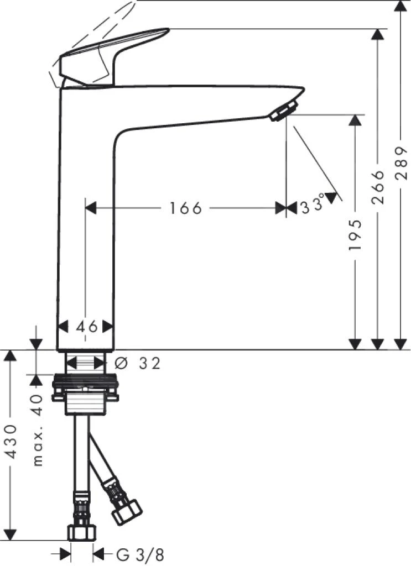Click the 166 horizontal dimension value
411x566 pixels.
[x=186, y=208]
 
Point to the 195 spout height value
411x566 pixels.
[x=355, y=235]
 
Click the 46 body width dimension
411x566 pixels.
[x=87, y=327]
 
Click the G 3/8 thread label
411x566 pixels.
[x=140, y=553]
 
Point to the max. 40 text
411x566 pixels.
[x=37, y=430]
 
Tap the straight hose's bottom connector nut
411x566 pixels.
[x=82, y=533]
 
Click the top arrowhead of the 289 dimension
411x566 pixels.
[x=401, y=7]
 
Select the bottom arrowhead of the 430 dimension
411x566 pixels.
[x=13, y=533]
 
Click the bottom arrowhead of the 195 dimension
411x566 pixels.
[x=355, y=343]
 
